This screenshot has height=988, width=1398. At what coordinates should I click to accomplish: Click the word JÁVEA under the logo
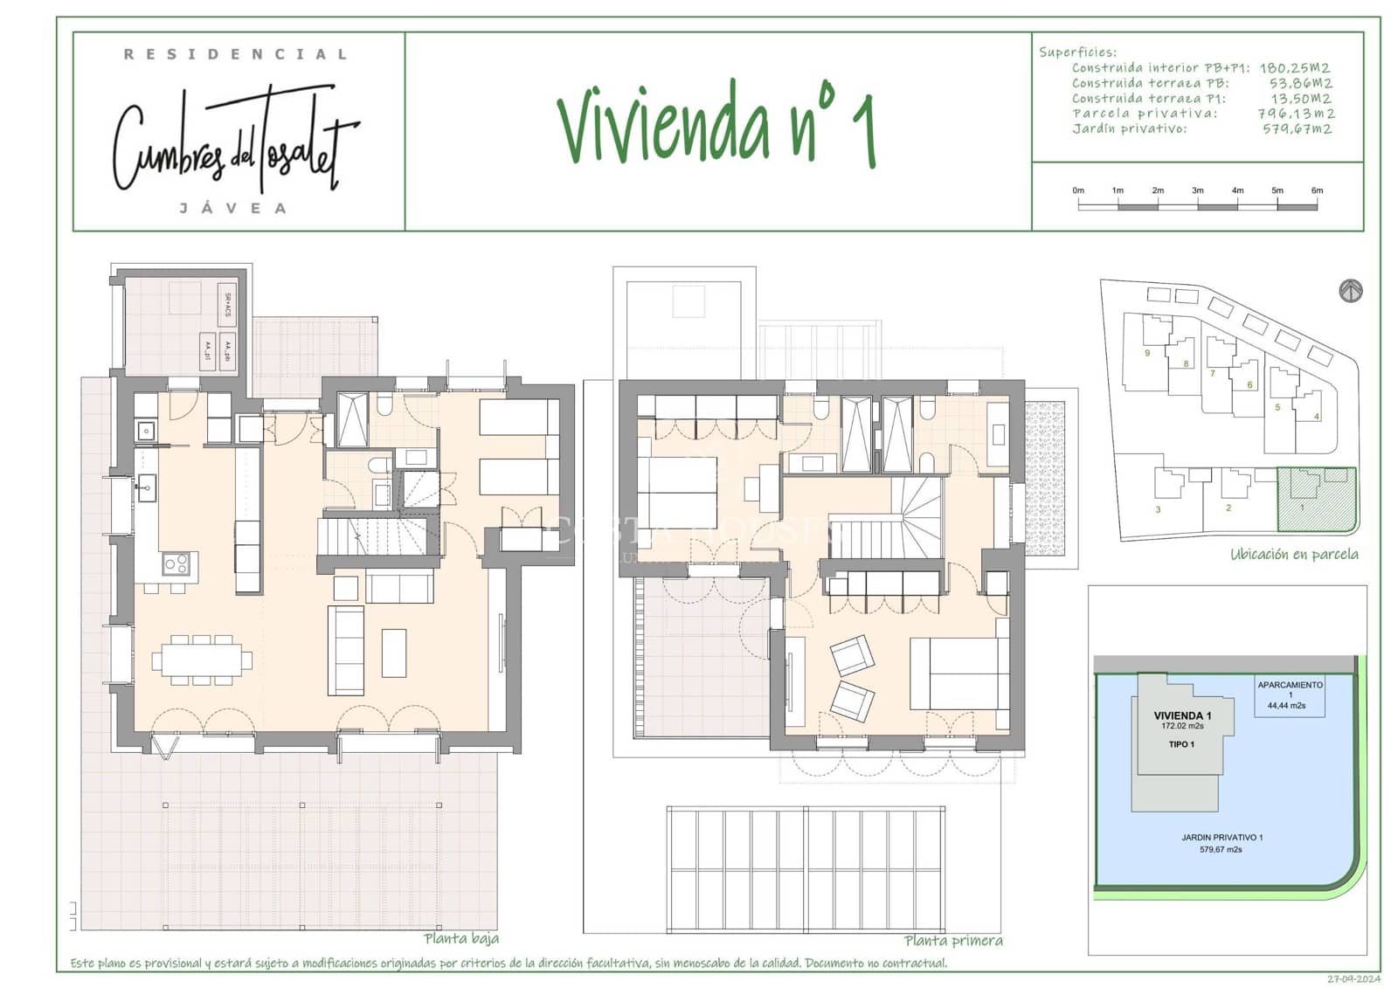tap(232, 209)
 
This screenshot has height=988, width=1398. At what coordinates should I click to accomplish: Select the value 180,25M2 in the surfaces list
tap(1294, 68)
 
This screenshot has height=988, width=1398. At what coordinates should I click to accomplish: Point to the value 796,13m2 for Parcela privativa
tap(1296, 114)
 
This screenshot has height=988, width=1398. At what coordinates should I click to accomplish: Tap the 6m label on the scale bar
tap(1317, 190)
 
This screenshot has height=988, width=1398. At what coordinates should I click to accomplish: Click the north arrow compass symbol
tap(1351, 291)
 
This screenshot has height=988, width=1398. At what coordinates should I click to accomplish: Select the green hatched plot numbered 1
tap(1316, 501)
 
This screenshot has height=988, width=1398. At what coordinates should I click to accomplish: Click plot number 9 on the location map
tap(1147, 353)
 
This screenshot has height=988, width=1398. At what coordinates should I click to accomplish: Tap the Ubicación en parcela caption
tap(1294, 554)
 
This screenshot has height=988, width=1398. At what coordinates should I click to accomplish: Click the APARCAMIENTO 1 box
tap(1290, 695)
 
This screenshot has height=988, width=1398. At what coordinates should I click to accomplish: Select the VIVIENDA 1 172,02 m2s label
tap(1182, 720)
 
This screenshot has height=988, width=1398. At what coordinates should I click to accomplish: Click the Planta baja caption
tap(461, 939)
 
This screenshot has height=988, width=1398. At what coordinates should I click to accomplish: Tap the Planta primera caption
tap(953, 941)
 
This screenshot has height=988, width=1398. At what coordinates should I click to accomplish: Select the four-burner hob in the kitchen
tap(176, 564)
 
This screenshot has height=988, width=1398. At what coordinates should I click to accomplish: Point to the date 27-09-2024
tap(1353, 978)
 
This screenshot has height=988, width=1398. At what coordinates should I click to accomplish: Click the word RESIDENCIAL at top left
tap(235, 54)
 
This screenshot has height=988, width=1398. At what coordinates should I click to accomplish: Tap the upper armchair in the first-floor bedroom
tap(852, 655)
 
